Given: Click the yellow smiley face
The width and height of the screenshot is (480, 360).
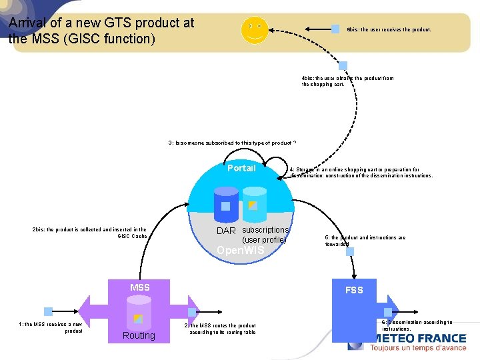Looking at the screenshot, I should pyautogui.click(x=254, y=30).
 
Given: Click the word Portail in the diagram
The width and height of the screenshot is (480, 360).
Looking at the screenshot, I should pyautogui.click(x=241, y=168).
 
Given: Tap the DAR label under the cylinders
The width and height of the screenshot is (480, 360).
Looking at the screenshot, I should pyautogui.click(x=226, y=231).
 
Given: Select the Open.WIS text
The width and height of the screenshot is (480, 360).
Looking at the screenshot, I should pyautogui.click(x=241, y=251).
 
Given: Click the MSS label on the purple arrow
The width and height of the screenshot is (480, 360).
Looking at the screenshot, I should pyautogui.click(x=140, y=287).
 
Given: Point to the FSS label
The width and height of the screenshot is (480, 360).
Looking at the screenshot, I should pyautogui.click(x=354, y=290).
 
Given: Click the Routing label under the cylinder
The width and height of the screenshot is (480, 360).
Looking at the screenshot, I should pyautogui.click(x=139, y=335).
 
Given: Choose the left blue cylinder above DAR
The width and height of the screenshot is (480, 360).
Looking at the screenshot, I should pyautogui.click(x=225, y=203).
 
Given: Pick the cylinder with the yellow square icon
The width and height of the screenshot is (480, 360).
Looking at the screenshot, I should pyautogui.click(x=253, y=203).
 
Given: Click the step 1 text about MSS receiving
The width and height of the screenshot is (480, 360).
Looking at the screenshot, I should pyautogui.click(x=50, y=327).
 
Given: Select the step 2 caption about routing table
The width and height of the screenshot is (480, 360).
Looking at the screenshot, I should pyautogui.click(x=220, y=328).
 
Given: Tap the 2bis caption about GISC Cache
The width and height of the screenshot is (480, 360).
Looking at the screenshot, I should pyautogui.click(x=89, y=233).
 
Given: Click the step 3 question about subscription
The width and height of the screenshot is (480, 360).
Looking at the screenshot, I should pyautogui.click(x=232, y=143).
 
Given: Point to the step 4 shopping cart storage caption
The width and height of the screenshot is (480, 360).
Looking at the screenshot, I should pyautogui.click(x=361, y=173).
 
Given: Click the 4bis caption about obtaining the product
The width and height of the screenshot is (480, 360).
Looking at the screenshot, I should pyautogui.click(x=347, y=81).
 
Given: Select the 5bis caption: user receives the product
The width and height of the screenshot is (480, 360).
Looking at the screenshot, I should pyautogui.click(x=389, y=30).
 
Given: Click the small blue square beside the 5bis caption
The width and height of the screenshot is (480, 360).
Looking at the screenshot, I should pyautogui.click(x=335, y=29).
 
